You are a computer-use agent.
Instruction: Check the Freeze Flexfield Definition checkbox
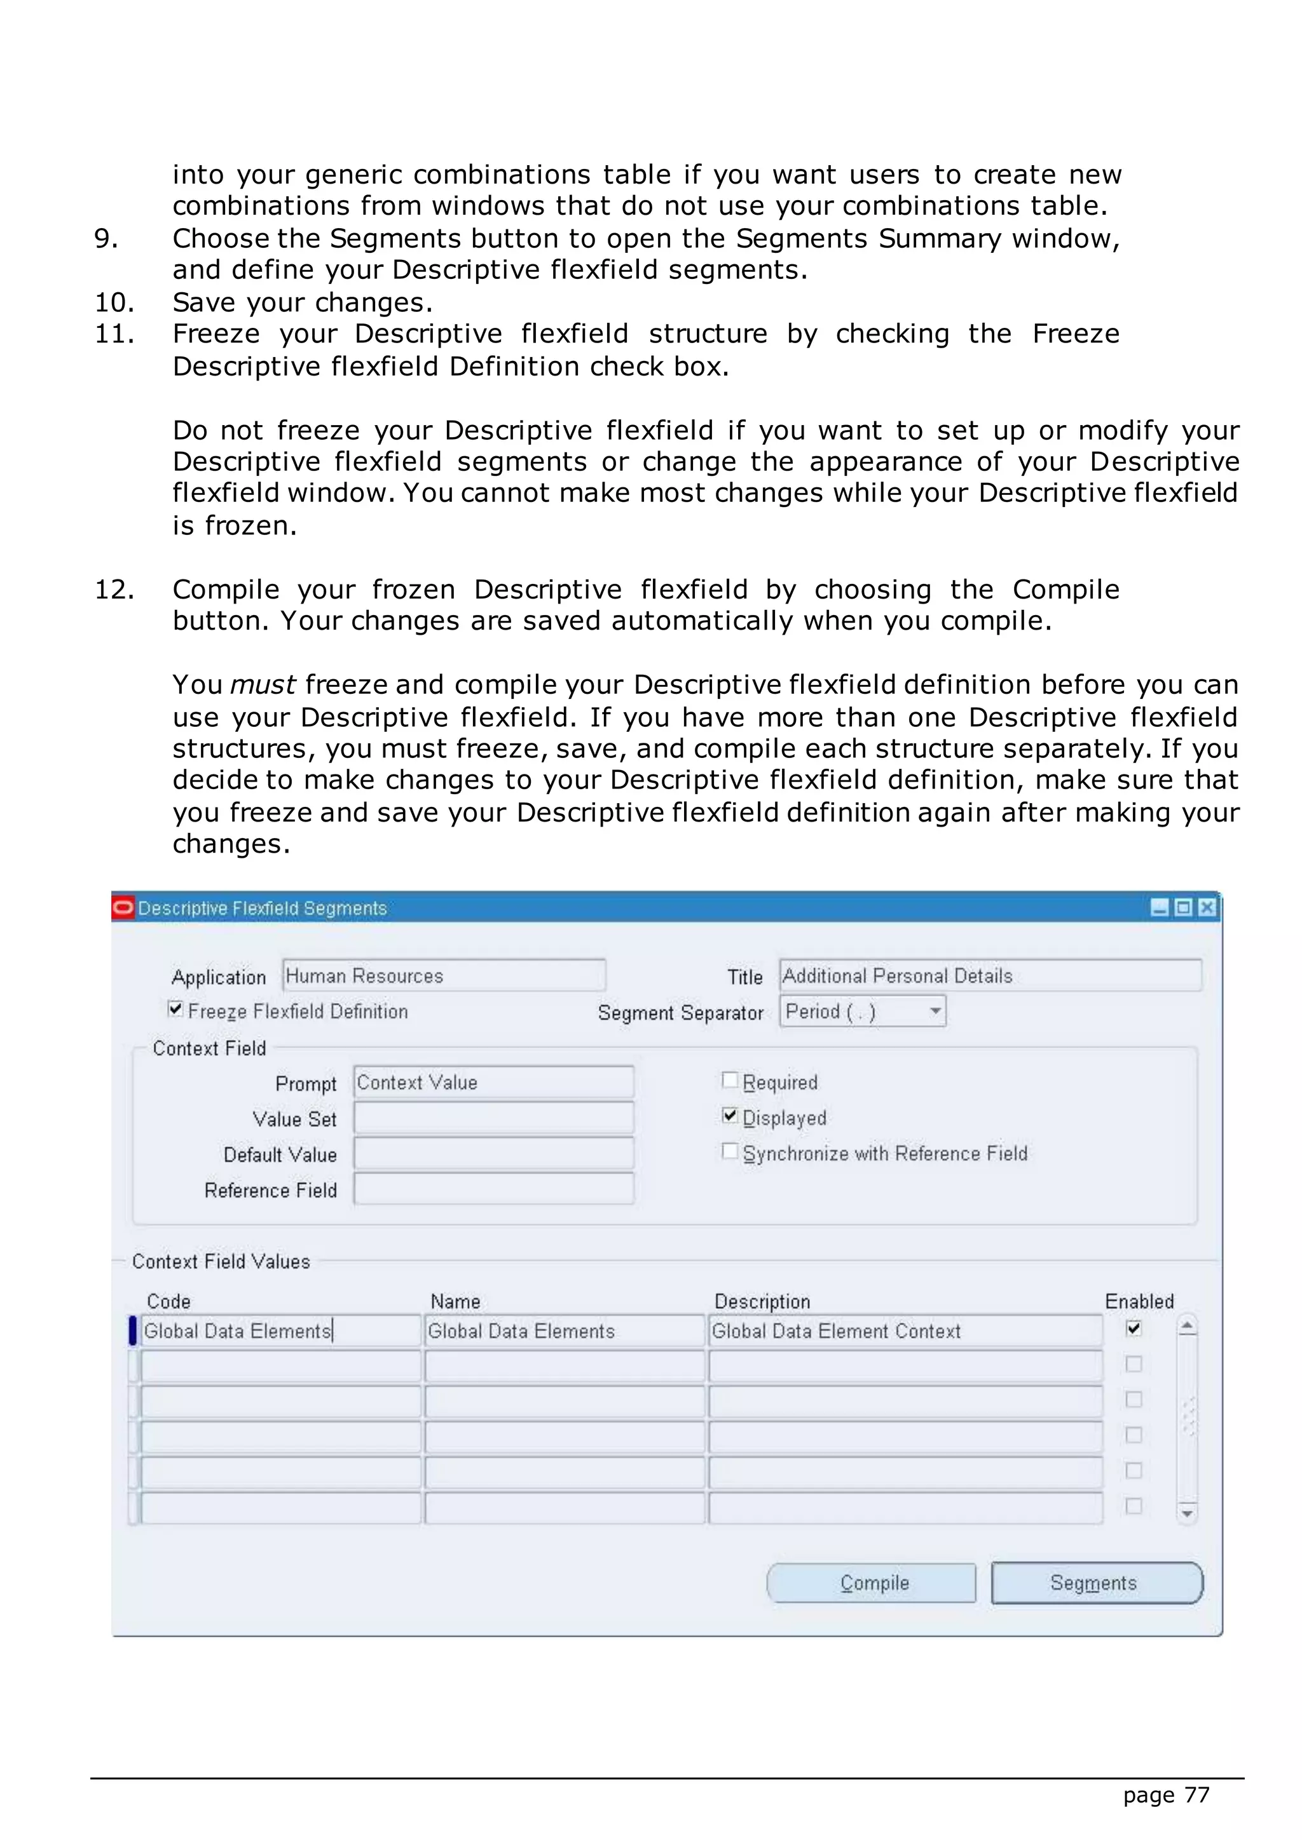pyautogui.click(x=175, y=1009)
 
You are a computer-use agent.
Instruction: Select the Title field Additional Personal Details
pyautogui.click(x=989, y=975)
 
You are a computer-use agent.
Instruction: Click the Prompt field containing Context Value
pyautogui.click(x=493, y=1082)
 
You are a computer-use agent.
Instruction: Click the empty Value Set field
pyautogui.click(x=493, y=1118)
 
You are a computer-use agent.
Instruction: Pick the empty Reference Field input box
pyautogui.click(x=493, y=1189)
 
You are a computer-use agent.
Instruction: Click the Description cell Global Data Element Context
pyautogui.click(x=905, y=1331)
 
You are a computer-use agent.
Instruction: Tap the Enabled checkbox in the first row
pyautogui.click(x=1133, y=1329)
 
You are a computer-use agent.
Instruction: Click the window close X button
pyautogui.click(x=1207, y=907)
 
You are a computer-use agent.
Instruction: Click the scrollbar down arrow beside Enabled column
pyautogui.click(x=1188, y=1513)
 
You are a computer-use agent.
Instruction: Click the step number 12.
pyautogui.click(x=114, y=590)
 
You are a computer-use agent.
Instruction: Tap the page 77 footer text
pyautogui.click(x=1166, y=1794)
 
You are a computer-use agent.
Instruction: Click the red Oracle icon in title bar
pyautogui.click(x=123, y=907)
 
